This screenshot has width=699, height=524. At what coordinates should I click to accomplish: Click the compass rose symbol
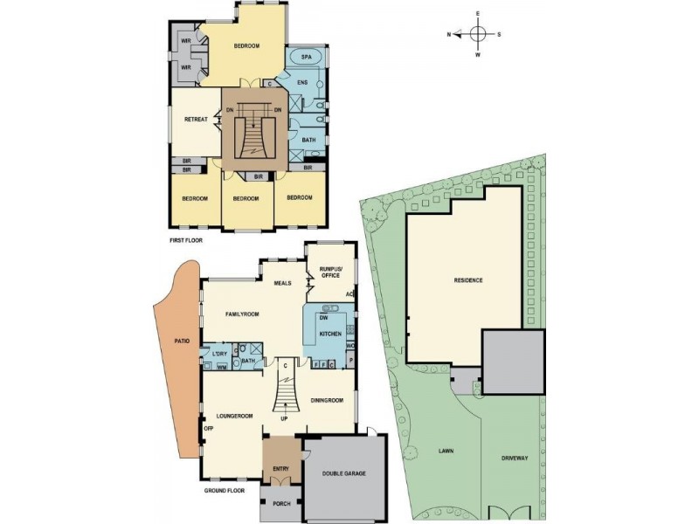coord(478,34)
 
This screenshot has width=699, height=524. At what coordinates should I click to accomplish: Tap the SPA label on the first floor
coord(306,58)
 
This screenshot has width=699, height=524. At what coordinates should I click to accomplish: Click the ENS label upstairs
coord(302,83)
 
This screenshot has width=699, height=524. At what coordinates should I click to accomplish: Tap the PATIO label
coord(182,341)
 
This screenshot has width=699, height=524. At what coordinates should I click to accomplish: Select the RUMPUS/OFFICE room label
coord(329,271)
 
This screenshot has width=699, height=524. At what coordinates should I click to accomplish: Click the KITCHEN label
coord(329,334)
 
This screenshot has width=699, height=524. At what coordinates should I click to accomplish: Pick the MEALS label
coord(282,283)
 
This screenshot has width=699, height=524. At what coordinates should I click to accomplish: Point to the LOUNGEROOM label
coord(235,416)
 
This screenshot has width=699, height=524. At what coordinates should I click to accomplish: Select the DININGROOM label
coord(327,400)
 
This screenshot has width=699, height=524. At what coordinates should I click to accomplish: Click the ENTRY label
coord(280,469)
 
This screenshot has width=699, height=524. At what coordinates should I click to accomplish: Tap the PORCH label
coord(280,504)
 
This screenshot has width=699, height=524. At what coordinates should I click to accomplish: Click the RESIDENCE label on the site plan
coord(468,280)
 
